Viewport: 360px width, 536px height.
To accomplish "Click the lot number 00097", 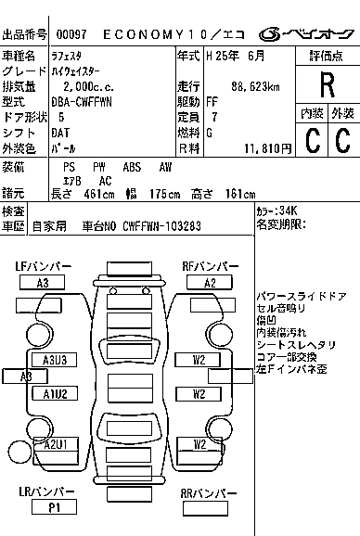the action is [x=71, y=34].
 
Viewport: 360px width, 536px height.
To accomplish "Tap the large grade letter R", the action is [x=328, y=85].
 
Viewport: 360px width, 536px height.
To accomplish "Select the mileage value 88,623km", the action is [x=255, y=86].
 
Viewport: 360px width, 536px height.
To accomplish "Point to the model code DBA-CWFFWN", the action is [x=82, y=102].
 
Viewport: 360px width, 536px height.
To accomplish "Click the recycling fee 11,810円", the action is [x=268, y=148].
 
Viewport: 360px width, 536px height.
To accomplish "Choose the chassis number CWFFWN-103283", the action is [x=161, y=226].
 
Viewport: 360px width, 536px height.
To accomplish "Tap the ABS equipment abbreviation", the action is [x=132, y=167].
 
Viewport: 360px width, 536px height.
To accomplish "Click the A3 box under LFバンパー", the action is [x=42, y=283].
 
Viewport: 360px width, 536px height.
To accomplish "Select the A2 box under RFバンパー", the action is [x=210, y=283].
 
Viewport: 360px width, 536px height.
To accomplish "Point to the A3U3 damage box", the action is [x=55, y=360].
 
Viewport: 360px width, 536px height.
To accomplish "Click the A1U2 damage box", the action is [x=55, y=393].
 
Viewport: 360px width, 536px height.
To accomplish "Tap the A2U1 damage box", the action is [x=56, y=444].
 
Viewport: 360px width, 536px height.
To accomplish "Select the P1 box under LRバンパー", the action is [x=54, y=507].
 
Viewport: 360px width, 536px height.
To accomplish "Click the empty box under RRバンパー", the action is [x=205, y=509].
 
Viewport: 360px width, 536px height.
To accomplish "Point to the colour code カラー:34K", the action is [x=276, y=211].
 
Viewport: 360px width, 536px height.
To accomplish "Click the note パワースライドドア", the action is [x=302, y=296].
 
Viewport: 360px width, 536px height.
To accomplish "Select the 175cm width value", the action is [x=165, y=194].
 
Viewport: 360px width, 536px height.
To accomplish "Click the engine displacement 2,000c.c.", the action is [x=88, y=86].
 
